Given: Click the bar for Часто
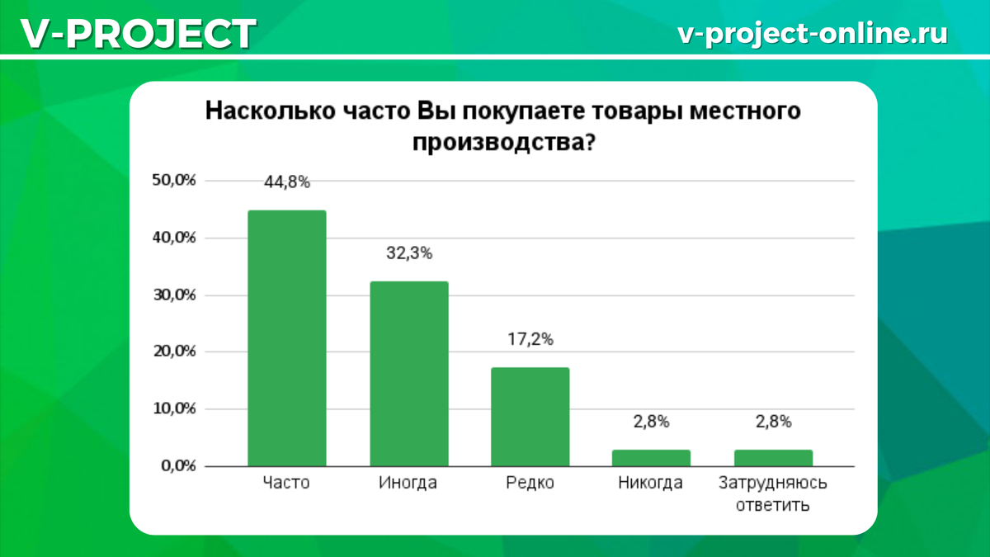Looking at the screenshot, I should click(287, 338).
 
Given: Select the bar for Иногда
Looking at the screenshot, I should click(409, 374).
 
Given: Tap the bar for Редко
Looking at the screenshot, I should click(530, 417).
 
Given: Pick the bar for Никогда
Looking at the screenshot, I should click(652, 458).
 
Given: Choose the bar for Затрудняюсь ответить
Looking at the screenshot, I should click(773, 458).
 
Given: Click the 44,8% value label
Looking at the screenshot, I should click(287, 183).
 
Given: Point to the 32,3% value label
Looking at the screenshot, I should click(409, 254).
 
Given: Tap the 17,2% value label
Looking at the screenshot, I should click(530, 339).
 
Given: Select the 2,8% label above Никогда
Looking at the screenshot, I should click(652, 422).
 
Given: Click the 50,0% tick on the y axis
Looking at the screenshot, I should click(174, 182).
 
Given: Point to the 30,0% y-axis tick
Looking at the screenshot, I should click(174, 295).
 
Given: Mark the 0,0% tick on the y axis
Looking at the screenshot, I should click(177, 466).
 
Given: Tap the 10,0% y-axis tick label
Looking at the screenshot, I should click(174, 409).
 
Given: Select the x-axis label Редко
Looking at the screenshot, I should click(530, 484).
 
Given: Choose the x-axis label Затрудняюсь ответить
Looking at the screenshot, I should click(773, 493).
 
